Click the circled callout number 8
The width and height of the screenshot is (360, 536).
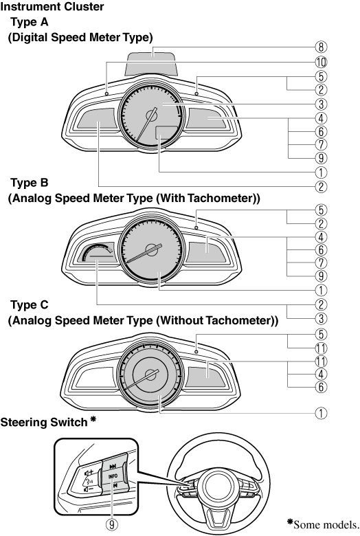(321, 47)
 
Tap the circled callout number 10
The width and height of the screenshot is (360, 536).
(321, 63)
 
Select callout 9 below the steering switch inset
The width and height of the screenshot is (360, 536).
(111, 524)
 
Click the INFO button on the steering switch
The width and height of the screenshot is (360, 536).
(113, 476)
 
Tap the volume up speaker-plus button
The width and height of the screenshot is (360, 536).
(89, 473)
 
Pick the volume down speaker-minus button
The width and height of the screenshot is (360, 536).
(88, 489)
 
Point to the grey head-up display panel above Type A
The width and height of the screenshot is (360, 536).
(152, 63)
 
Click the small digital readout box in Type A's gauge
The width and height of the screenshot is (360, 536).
(167, 133)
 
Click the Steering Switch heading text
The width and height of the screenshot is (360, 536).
(44, 423)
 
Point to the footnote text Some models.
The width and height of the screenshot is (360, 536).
(326, 525)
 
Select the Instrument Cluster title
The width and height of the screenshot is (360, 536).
(52, 6)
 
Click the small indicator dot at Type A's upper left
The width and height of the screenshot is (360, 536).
(106, 93)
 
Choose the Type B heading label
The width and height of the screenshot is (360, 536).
(30, 183)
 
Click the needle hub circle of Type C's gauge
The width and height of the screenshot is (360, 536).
(150, 375)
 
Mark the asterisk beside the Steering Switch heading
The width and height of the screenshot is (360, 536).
(93, 419)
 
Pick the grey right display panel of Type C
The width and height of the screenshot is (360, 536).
(206, 377)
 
